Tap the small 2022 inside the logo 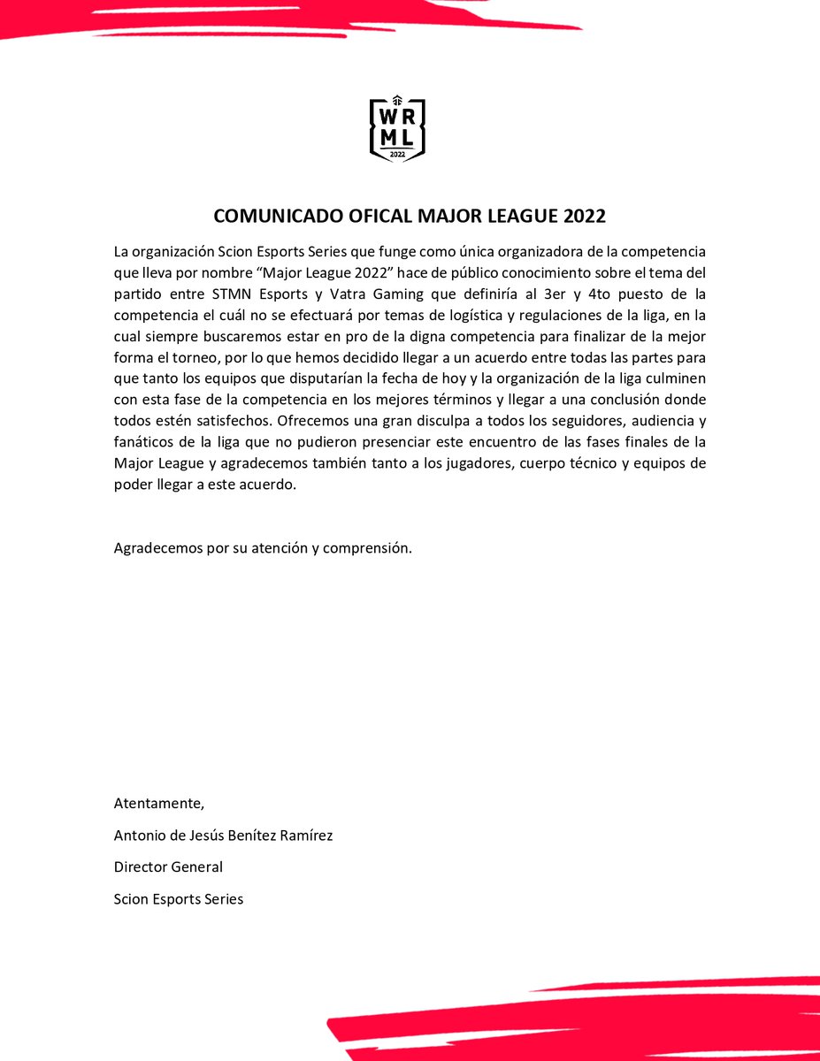point(397,154)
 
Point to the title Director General point(168,867)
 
